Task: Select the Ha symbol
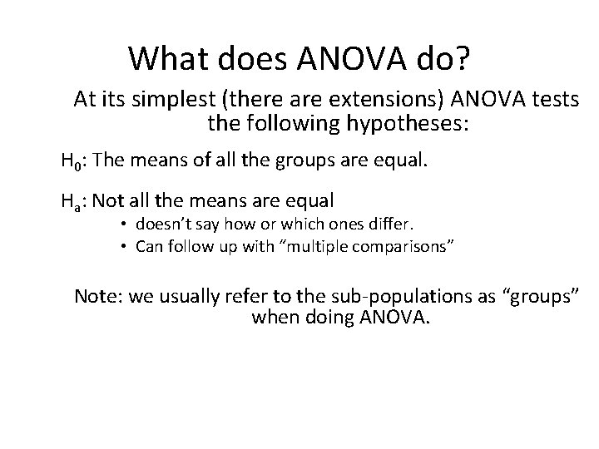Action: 72,200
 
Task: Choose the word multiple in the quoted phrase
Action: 300,246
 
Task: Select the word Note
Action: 94,296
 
